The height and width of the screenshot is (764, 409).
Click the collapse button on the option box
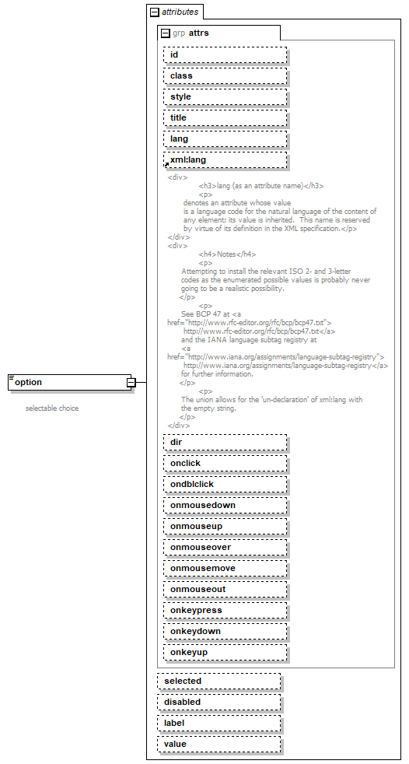point(131,382)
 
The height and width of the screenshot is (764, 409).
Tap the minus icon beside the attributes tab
point(154,12)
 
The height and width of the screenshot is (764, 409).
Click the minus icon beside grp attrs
point(165,33)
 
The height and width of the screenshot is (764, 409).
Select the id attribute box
point(225,55)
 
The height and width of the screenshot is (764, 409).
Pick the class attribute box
point(225,76)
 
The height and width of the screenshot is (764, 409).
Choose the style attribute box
point(225,97)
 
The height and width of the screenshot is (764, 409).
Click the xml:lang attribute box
point(225,160)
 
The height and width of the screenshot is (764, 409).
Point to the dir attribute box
point(225,443)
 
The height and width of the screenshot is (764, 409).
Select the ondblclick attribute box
point(225,485)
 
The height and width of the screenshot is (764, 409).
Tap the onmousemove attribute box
point(225,569)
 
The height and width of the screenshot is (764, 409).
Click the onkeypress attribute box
point(225,611)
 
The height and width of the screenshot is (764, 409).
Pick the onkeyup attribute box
point(225,653)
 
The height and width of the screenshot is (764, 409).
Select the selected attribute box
point(218,682)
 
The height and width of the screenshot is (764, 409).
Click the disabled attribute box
point(218,703)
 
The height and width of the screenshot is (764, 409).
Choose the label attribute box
point(218,724)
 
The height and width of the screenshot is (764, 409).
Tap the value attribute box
point(218,745)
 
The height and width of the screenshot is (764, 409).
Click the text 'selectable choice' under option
point(52,408)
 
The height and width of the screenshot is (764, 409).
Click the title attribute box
point(225,118)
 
